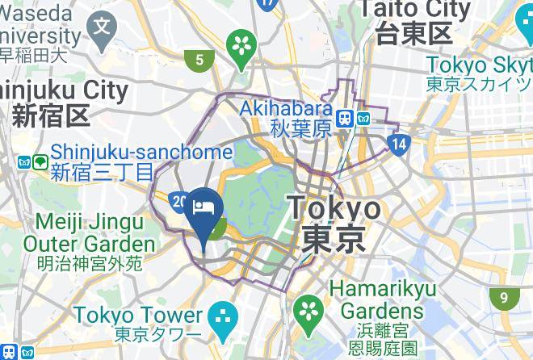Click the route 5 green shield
[198, 58]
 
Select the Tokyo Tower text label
[137, 316]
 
